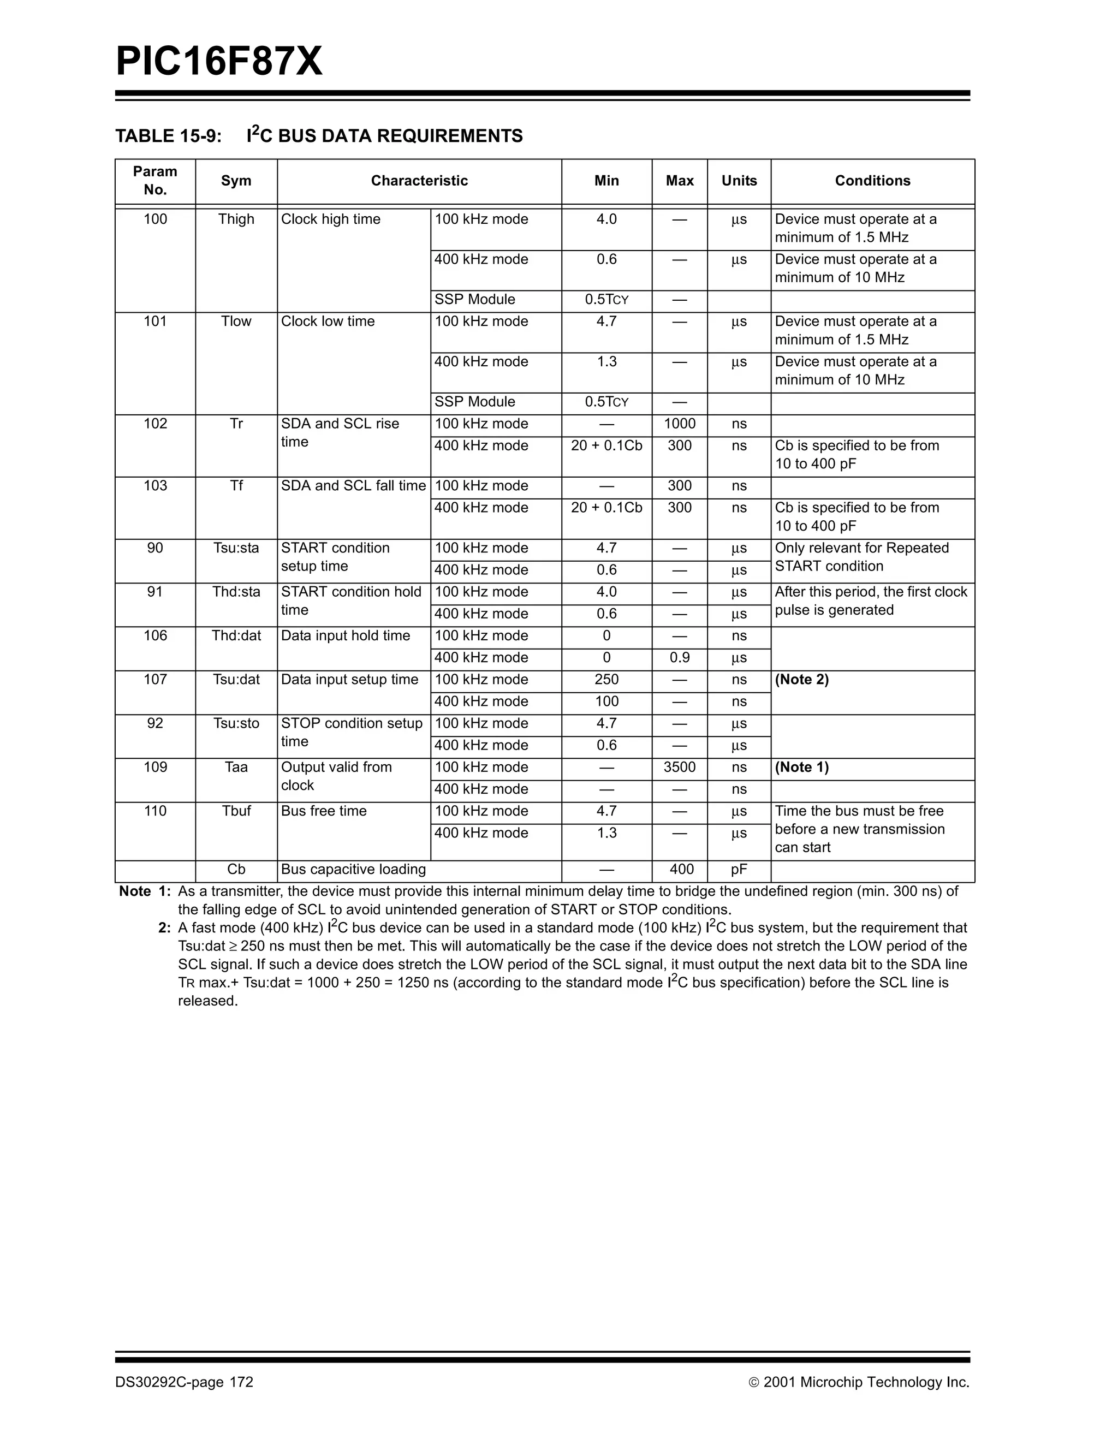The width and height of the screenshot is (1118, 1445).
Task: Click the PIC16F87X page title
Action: [x=219, y=62]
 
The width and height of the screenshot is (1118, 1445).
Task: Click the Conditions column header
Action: [x=872, y=181]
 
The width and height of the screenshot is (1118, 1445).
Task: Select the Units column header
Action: [x=739, y=181]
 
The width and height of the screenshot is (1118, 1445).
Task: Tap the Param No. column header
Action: [x=155, y=181]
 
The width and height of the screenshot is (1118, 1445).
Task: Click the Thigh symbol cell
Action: [x=236, y=219]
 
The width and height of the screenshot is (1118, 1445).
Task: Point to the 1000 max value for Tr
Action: [x=680, y=424]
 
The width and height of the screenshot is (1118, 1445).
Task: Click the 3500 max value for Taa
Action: [x=680, y=768]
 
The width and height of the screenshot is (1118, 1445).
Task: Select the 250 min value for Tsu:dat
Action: [x=606, y=680]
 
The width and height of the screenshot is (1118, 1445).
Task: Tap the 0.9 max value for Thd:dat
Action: [x=680, y=658]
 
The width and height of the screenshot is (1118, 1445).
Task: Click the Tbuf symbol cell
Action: [x=236, y=811]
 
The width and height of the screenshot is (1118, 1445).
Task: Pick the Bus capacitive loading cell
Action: [x=353, y=870]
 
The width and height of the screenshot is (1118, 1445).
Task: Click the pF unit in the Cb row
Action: [x=739, y=870]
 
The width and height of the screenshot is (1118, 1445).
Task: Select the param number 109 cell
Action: [x=155, y=768]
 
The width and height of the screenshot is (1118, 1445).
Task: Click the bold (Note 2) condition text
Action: [x=801, y=680]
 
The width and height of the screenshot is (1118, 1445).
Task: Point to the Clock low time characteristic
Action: [x=328, y=322]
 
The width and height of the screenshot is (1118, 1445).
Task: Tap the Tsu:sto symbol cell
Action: [x=236, y=724]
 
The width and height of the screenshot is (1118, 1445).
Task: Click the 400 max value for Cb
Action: [x=681, y=870]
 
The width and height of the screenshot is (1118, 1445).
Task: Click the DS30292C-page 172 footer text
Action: [x=184, y=1382]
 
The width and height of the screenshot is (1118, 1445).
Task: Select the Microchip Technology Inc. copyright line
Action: [x=859, y=1382]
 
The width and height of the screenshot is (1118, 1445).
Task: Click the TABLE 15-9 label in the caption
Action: [x=168, y=136]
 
